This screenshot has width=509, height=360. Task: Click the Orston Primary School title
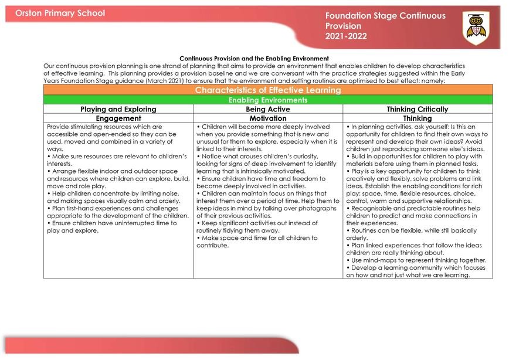click(x=60, y=13)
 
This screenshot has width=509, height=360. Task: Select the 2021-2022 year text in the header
click(x=345, y=36)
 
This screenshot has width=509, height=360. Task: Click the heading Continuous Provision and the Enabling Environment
click(x=254, y=59)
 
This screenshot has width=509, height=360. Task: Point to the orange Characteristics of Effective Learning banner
click(x=267, y=90)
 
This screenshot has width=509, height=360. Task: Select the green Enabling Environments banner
click(x=267, y=100)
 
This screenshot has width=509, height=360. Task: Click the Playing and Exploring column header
click(x=118, y=109)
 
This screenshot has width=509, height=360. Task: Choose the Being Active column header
click(x=268, y=109)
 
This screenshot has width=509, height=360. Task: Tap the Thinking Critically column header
click(x=417, y=109)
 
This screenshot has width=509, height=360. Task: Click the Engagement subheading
click(x=118, y=118)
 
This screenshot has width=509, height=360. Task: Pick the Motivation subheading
click(x=268, y=118)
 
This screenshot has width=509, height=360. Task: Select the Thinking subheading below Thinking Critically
click(x=417, y=118)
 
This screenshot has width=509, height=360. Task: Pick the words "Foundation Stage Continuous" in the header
click(x=385, y=16)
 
